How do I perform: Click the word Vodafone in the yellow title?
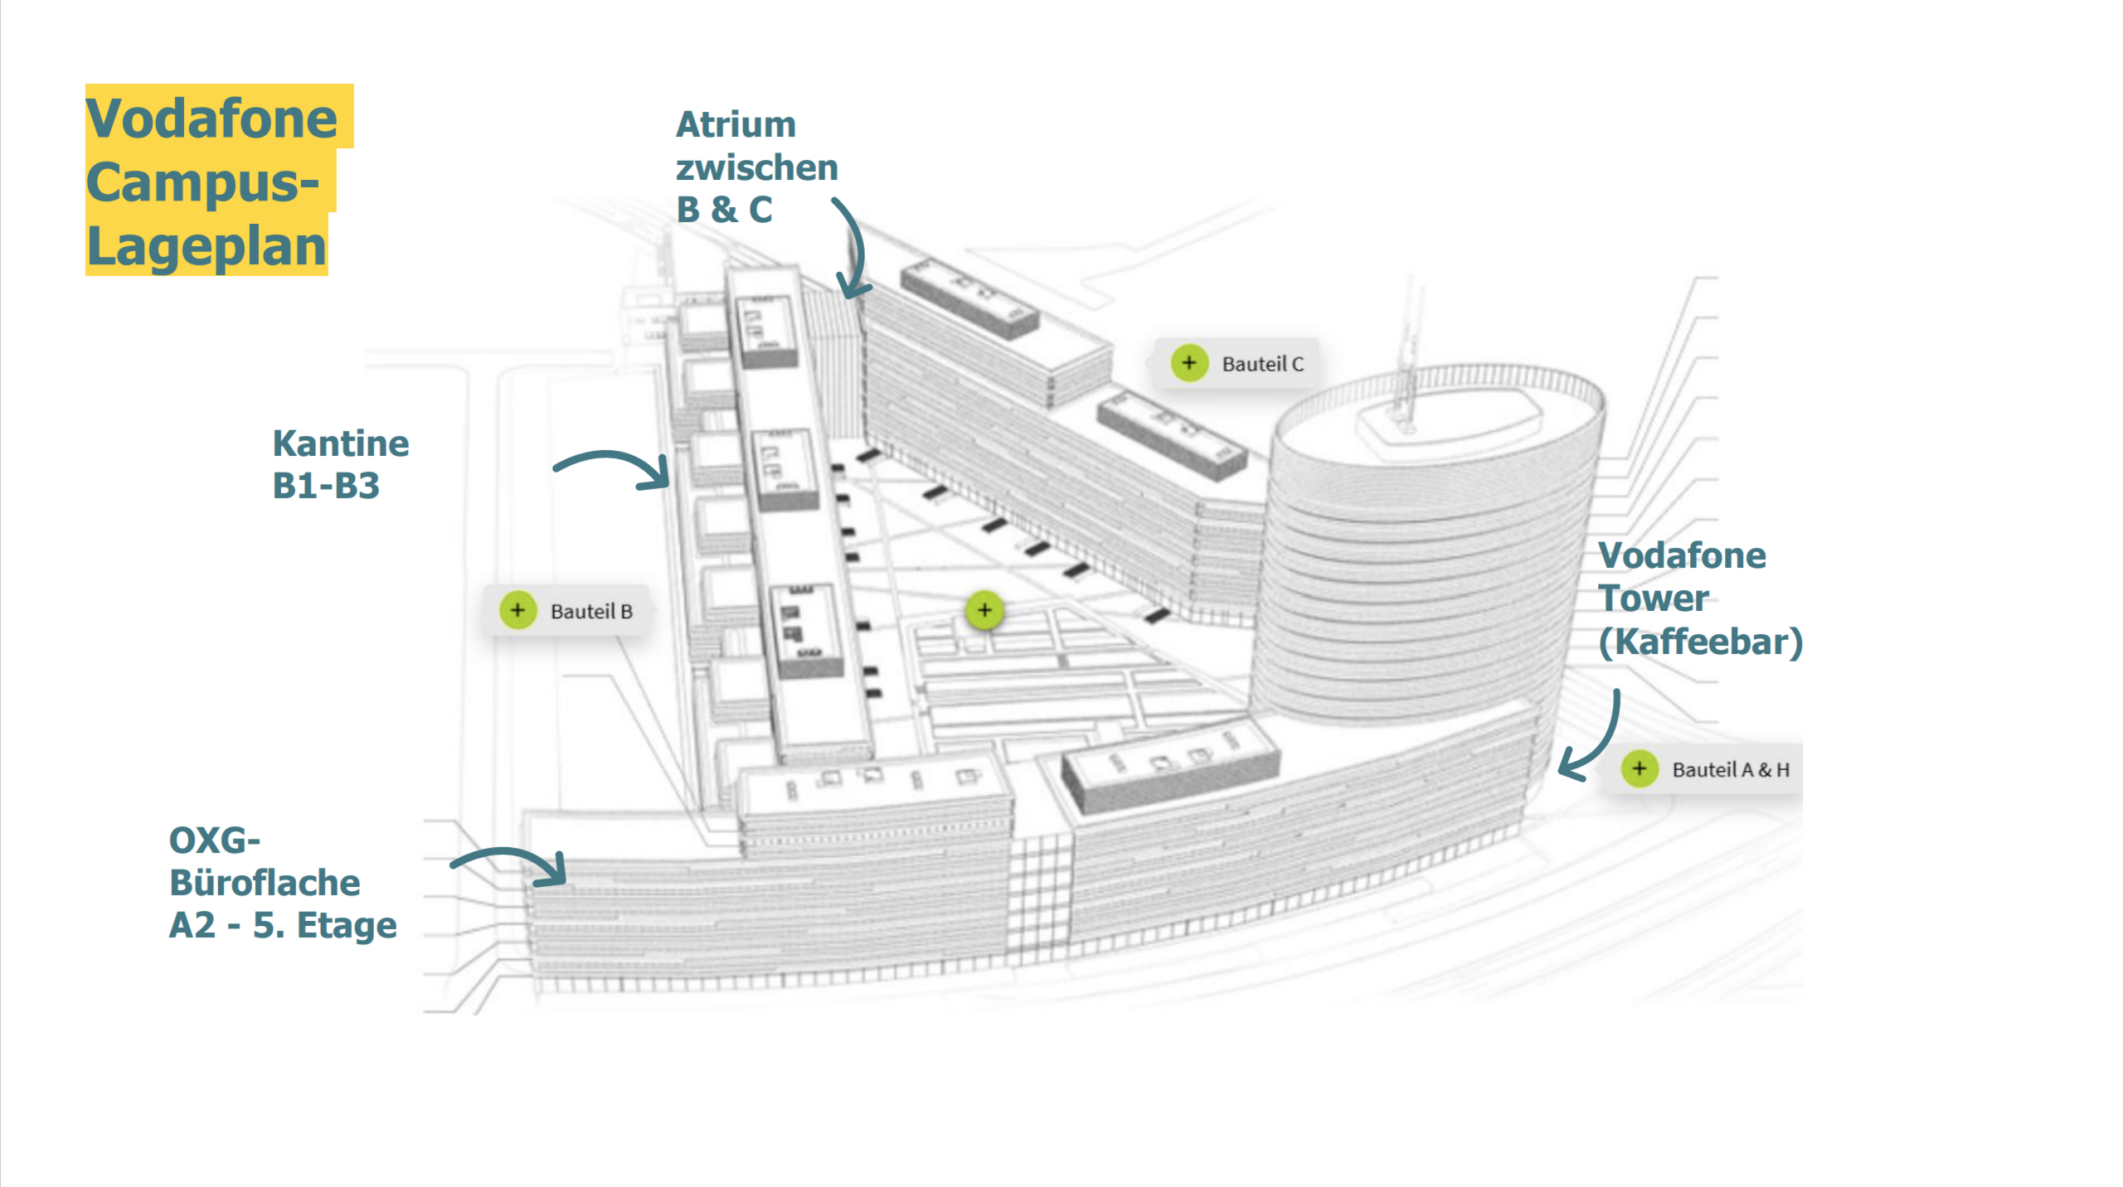click(211, 119)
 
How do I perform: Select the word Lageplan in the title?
click(206, 246)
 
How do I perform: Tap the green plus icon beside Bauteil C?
click(1188, 363)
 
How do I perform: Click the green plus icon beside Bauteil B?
click(517, 610)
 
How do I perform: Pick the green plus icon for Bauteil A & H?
click(1639, 768)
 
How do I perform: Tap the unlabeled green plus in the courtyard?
click(984, 610)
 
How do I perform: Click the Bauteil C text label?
click(1262, 364)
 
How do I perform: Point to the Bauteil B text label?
click(591, 612)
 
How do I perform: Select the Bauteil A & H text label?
click(1730, 770)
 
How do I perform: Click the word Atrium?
click(736, 125)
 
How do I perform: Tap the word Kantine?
click(340, 443)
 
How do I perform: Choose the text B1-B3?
click(325, 486)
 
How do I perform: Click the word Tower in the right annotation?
click(1653, 598)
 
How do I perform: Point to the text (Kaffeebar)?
click(1700, 642)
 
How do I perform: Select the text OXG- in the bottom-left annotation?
click(214, 841)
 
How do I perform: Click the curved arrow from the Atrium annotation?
click(853, 249)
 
